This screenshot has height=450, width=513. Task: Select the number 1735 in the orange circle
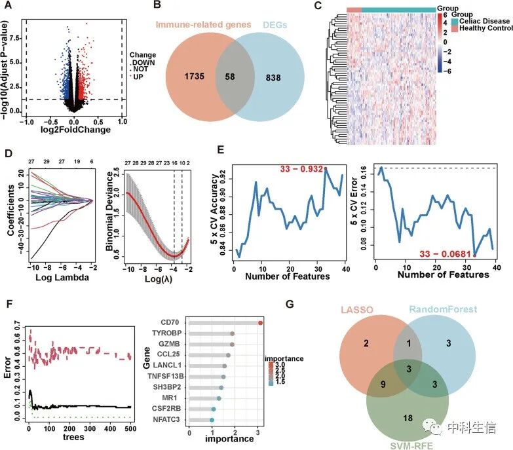pos(195,77)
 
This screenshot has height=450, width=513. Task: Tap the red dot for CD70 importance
pos(260,323)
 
